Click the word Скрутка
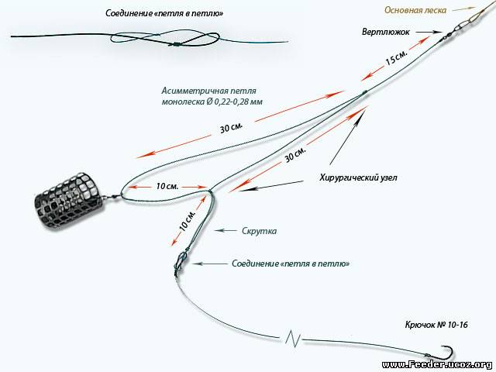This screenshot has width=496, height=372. pyautogui.click(x=259, y=230)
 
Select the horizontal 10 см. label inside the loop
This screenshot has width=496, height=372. pyautogui.click(x=168, y=187)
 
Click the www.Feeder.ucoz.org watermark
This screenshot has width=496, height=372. pyautogui.click(x=437, y=364)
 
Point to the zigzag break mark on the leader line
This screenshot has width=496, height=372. pyautogui.click(x=292, y=338)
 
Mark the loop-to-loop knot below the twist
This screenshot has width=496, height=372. pyautogui.click(x=179, y=263)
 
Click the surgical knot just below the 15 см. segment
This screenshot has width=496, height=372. pyautogui.click(x=362, y=95)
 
